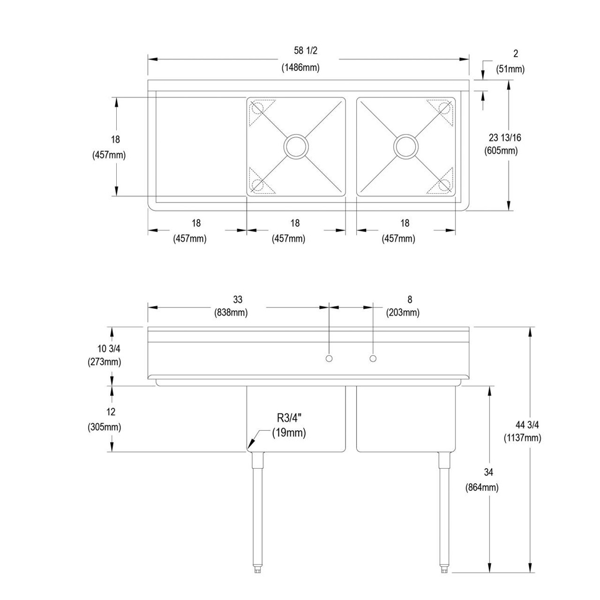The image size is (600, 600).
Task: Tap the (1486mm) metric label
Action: tap(300, 67)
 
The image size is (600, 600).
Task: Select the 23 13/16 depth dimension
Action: tap(504, 138)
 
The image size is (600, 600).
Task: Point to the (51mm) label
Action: tap(510, 69)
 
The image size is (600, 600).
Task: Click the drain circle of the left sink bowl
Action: tap(296, 146)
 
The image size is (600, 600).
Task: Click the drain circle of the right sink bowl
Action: tap(406, 146)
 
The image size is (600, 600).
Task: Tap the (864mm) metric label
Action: tap(482, 487)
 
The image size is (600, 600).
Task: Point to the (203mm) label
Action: tap(403, 312)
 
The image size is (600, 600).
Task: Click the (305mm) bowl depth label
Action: tap(104, 427)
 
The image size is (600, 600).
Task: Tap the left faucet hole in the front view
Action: tap(329, 359)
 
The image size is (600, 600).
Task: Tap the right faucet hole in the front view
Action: tap(373, 359)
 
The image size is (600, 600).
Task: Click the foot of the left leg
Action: tap(257, 569)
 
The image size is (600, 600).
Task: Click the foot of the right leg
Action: tap(443, 569)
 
